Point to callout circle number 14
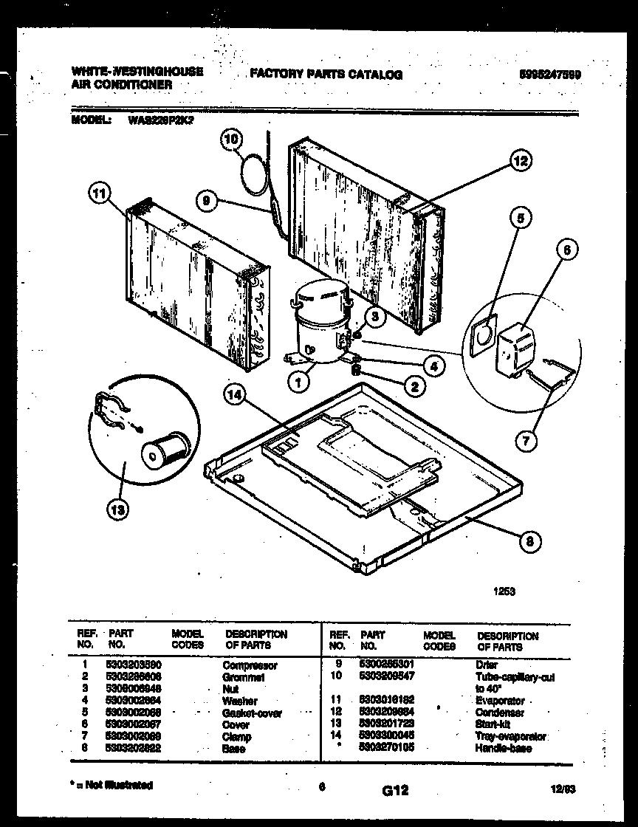(235, 396)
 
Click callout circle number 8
(529, 542)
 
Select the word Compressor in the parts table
(250, 665)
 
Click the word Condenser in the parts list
(500, 713)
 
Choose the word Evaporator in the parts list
(501, 701)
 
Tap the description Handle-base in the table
(504, 748)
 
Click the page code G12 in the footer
(395, 791)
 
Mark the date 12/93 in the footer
(563, 789)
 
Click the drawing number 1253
(504, 590)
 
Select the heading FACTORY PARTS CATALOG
(326, 75)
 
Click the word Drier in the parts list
(487, 665)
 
